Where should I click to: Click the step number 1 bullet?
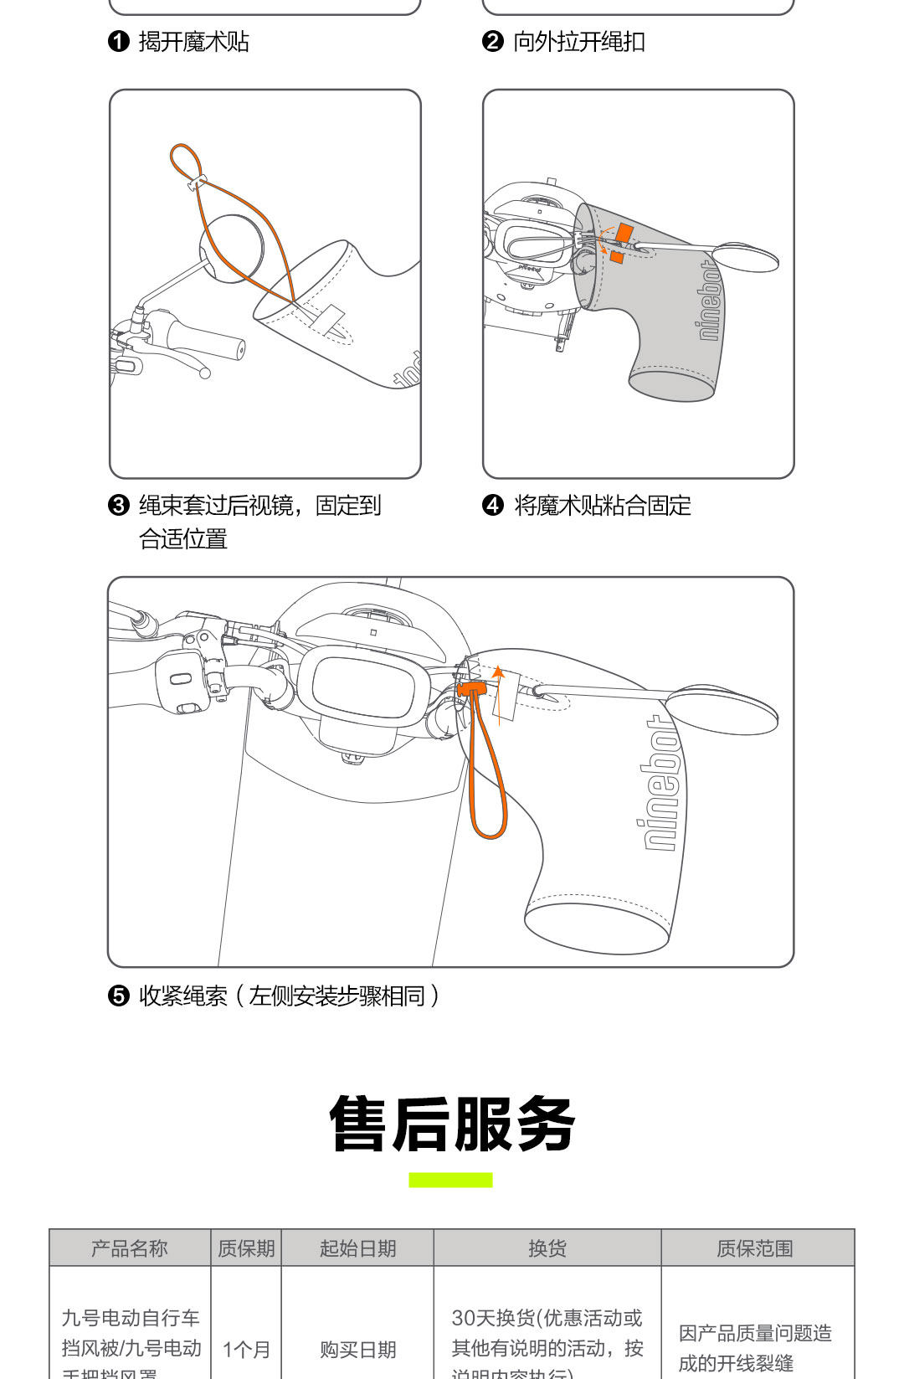119,41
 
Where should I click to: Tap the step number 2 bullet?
492,41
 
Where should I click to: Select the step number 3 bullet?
119,505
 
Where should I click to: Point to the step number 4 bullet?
492,505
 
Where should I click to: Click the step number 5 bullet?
119,996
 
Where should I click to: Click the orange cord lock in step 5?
472,689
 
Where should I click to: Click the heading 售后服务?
452,1124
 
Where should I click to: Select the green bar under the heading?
450,1180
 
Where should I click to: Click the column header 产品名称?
130,1248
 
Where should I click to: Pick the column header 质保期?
246,1248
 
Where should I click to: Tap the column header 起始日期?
357,1248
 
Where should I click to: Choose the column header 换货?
547,1248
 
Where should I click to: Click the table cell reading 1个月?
246,1349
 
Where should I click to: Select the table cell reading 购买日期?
357,1349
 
